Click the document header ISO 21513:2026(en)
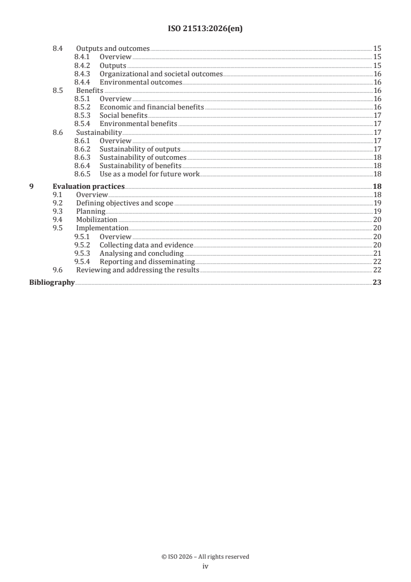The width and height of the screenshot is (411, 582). (205, 30)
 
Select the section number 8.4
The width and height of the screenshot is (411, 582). (58, 48)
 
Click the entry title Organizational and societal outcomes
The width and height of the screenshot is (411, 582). (161, 74)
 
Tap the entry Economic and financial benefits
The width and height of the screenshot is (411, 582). (151, 107)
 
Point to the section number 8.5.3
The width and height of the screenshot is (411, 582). (83, 116)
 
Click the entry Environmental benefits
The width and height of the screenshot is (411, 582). (138, 124)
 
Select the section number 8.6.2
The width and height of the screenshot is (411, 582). (83, 149)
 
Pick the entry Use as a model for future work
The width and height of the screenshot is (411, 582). (149, 174)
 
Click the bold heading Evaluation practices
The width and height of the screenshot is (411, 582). (89, 186)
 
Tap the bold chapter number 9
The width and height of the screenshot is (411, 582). (32, 186)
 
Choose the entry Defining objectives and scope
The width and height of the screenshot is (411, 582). (124, 203)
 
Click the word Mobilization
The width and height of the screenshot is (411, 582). (96, 220)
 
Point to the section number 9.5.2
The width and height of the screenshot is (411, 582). (83, 245)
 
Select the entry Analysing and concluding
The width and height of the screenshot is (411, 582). (141, 254)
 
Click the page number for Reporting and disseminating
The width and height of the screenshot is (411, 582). (377, 262)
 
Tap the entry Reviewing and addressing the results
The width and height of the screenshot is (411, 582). (137, 270)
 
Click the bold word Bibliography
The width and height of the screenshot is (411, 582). (52, 283)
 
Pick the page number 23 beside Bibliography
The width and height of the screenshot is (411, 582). (377, 283)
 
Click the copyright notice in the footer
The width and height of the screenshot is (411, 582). (205, 557)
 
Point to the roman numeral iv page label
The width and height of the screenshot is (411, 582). (205, 566)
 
